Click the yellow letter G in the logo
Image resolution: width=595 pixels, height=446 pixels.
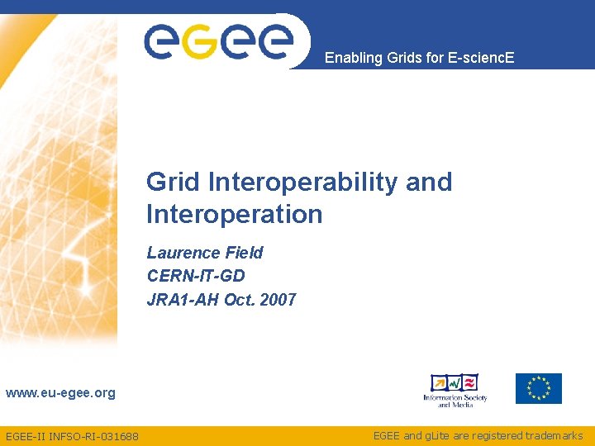(198, 42)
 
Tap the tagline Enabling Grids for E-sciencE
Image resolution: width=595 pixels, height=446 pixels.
(419, 58)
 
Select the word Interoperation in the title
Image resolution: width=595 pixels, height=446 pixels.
(234, 215)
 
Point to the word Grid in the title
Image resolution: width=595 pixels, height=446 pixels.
(174, 182)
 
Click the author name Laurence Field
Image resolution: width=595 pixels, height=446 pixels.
(204, 253)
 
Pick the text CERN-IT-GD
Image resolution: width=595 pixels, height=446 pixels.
(196, 276)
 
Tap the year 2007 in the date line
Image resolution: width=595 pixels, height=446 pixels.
(278, 300)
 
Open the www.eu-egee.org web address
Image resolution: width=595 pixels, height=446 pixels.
(60, 393)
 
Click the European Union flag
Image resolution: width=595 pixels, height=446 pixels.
(538, 388)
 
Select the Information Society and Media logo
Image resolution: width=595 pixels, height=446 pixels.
(455, 390)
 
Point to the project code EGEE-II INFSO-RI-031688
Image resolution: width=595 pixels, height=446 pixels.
(72, 436)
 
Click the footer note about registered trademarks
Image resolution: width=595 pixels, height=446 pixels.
(478, 435)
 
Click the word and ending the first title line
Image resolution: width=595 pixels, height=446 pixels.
(429, 182)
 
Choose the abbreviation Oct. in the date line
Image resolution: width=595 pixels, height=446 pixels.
(240, 300)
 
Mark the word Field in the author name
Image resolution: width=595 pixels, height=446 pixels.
(244, 253)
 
